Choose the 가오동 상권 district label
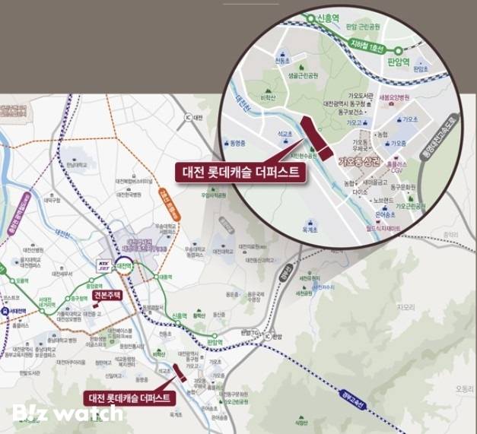(358, 161)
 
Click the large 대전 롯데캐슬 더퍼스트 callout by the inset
(241, 172)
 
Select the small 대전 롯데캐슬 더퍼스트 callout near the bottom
(131, 397)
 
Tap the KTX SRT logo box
(106, 265)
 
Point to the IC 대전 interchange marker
(194, 118)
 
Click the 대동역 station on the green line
(163, 277)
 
